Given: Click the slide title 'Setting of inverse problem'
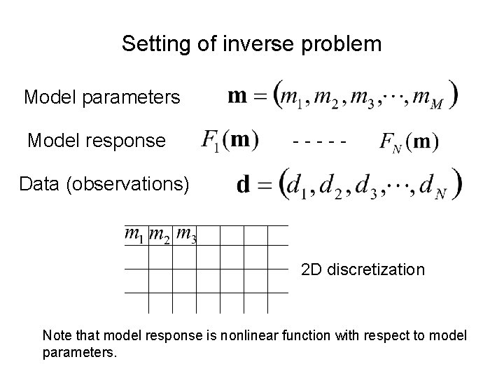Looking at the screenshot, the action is (251, 44).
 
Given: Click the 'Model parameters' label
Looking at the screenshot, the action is (102, 97).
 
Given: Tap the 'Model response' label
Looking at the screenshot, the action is (97, 141).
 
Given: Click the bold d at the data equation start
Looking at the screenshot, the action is (245, 186).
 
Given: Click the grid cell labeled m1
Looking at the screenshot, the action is (136, 235).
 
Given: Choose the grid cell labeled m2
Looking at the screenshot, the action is (160, 235).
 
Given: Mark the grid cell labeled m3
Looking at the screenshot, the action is (185, 235).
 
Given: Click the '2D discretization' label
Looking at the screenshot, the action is (363, 269).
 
